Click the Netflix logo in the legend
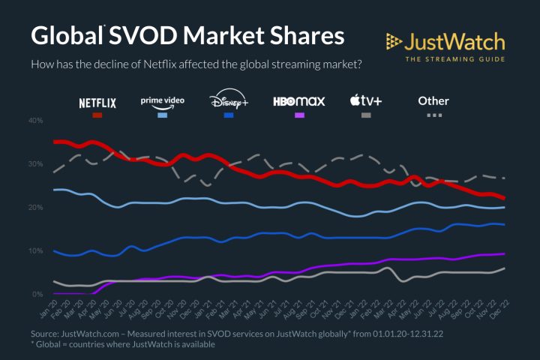pyautogui.click(x=97, y=103)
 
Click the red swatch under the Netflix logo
pyautogui.click(x=97, y=115)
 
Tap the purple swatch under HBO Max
pyautogui.click(x=299, y=115)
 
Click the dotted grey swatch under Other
pyautogui.click(x=434, y=115)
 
